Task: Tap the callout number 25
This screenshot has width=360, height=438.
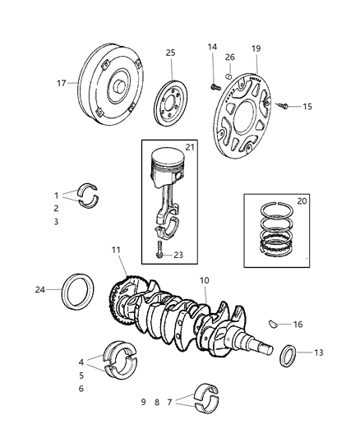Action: [171, 53]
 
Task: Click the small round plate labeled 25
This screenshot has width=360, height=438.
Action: [175, 102]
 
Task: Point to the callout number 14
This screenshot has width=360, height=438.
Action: [212, 48]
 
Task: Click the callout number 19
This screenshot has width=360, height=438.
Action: [256, 48]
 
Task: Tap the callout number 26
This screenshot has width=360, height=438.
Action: [230, 57]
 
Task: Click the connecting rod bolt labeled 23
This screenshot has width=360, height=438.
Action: [158, 251]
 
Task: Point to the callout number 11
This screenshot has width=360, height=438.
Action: [117, 249]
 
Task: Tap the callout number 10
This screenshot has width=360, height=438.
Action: [203, 281]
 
